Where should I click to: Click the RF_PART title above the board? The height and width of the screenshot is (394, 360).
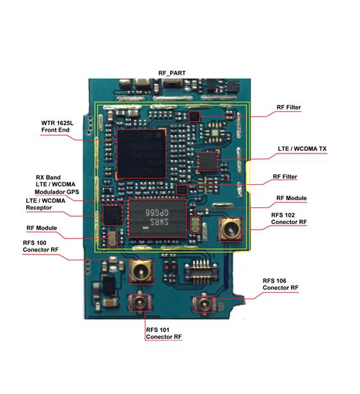pos(172,73)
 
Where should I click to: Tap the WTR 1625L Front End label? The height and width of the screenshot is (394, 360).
pos(58,127)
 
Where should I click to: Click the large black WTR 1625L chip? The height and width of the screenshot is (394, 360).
pos(142,154)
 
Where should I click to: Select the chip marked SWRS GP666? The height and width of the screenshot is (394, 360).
pos(157,218)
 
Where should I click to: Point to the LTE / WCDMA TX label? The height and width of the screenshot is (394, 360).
pos(302,149)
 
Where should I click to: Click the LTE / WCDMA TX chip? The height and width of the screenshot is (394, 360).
pos(208,161)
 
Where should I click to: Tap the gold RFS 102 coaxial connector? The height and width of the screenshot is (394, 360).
pos(231,230)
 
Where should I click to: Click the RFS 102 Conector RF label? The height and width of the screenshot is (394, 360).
pos(289,219)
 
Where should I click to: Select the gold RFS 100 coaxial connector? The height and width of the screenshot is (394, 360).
pos(141,272)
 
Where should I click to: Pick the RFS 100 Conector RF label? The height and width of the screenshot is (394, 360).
pos(40,246)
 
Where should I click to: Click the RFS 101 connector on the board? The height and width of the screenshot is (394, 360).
pos(139,303)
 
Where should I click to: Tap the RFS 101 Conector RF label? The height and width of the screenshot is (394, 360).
pos(164,333)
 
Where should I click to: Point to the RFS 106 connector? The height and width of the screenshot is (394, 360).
pos(204,304)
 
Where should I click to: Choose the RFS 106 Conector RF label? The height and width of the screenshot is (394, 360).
pos(281,284)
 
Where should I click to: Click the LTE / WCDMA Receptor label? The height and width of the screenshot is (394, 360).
pos(45,204)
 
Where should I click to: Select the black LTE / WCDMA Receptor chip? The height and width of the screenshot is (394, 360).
pos(113,216)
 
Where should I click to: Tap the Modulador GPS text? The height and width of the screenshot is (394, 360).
pos(57,192)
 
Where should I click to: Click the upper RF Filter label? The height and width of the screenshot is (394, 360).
pos(288,107)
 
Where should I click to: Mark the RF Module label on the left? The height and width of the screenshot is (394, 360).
pos(42,228)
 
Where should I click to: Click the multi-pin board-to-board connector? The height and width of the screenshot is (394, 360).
pos(201,272)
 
